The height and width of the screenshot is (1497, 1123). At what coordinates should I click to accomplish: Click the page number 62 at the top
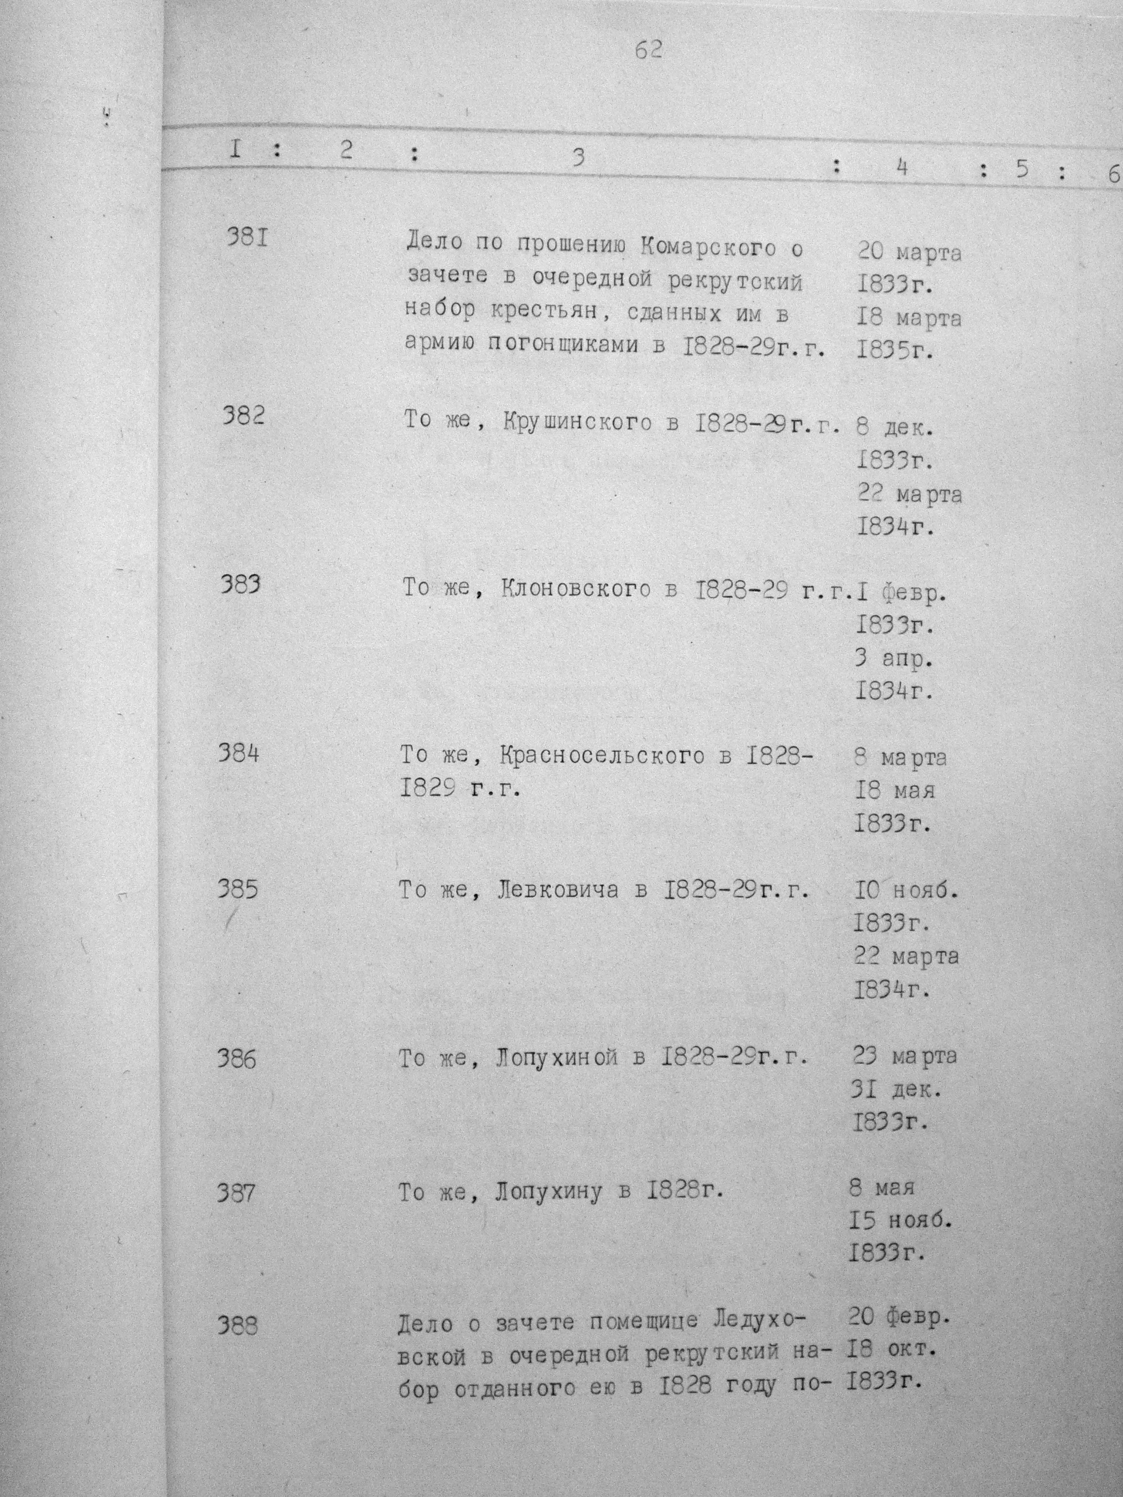pos(649,50)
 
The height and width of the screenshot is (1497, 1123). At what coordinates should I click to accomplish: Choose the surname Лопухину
pos(548,1191)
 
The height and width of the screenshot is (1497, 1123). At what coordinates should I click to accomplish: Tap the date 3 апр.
pos(894,659)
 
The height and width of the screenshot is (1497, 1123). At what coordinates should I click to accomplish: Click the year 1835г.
pos(895,350)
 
